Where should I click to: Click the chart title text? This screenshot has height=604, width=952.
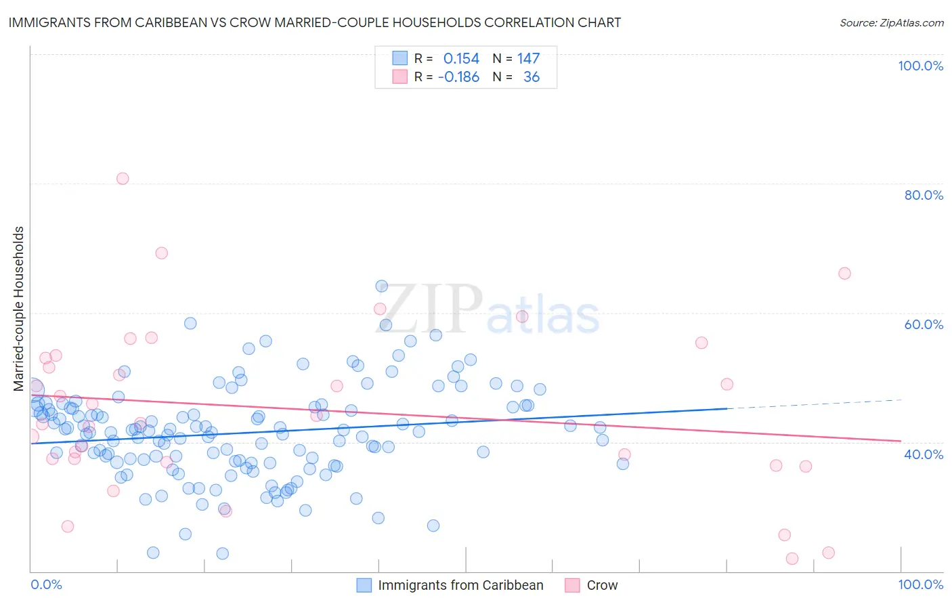click(x=314, y=22)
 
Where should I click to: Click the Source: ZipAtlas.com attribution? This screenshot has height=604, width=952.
click(x=891, y=22)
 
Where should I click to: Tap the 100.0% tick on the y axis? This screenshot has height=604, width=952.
click(x=920, y=66)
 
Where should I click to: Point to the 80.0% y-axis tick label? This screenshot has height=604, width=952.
click(x=923, y=195)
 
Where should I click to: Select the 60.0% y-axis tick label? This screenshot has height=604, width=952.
click(x=923, y=324)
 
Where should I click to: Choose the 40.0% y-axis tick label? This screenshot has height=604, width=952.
click(x=923, y=454)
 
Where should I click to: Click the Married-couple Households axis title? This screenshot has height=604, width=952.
click(x=19, y=309)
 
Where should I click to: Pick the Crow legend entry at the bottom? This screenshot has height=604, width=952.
click(x=602, y=585)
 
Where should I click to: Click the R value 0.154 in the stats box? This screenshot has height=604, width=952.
click(x=461, y=59)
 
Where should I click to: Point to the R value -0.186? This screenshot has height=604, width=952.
click(x=458, y=77)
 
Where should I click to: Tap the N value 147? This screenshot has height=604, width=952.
click(x=528, y=59)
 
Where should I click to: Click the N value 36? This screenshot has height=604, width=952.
click(x=532, y=77)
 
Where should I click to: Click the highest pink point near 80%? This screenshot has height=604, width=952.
click(x=123, y=179)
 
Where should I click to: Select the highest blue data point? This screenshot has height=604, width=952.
click(x=382, y=286)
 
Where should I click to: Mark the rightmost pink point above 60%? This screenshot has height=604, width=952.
click(x=844, y=274)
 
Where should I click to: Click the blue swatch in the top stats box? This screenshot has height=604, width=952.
click(x=400, y=58)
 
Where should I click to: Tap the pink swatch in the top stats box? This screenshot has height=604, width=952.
click(x=400, y=77)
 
